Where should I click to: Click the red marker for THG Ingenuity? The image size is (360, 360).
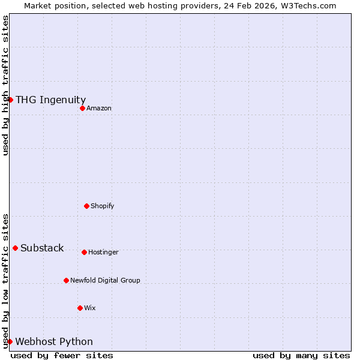pyautogui.click(x=10, y=100)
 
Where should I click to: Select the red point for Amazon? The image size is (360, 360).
pyautogui.click(x=82, y=108)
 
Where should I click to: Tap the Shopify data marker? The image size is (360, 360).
pyautogui.click(x=86, y=206)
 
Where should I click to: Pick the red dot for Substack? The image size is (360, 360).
pyautogui.click(x=15, y=248)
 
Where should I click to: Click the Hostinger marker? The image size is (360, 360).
pyautogui.click(x=84, y=252)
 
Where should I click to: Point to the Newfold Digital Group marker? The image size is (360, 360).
pyautogui.click(x=66, y=280)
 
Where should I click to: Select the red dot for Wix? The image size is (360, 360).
pyautogui.click(x=80, y=308)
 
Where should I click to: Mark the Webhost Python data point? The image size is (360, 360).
pyautogui.click(x=10, y=341)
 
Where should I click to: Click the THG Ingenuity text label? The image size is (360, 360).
pyautogui.click(x=50, y=100)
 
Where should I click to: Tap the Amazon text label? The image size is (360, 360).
pyautogui.click(x=99, y=109)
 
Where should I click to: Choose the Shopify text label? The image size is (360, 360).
pyautogui.click(x=103, y=206)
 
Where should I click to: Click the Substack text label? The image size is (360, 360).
pyautogui.click(x=42, y=248)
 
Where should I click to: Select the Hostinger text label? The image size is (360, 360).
pyautogui.click(x=103, y=253)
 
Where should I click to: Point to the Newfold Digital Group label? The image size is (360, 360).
pyautogui.click(x=105, y=281)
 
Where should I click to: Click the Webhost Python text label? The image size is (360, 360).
pyautogui.click(x=54, y=342)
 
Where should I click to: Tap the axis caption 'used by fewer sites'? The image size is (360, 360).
pyautogui.click(x=62, y=355)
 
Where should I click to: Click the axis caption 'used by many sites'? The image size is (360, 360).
pyautogui.click(x=301, y=355)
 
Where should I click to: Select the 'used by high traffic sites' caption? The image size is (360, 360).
pyautogui.click(x=5, y=85)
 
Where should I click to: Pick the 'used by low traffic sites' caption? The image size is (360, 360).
pyautogui.click(x=5, y=281)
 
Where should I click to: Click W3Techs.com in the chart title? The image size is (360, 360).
pyautogui.click(x=308, y=5)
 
